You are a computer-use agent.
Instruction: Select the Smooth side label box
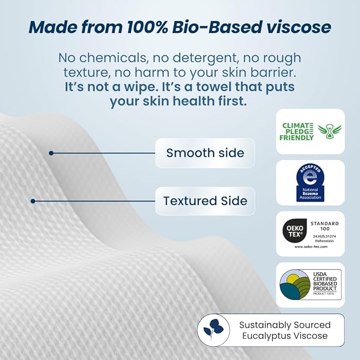pos(205,153)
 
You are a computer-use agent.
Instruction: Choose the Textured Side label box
pos(205,201)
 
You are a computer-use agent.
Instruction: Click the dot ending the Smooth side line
pos(51,153)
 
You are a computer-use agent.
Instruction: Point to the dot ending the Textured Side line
pos(33,201)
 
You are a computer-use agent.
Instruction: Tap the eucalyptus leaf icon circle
pos(214,330)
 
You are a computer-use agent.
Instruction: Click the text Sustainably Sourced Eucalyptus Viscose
pos(284,330)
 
